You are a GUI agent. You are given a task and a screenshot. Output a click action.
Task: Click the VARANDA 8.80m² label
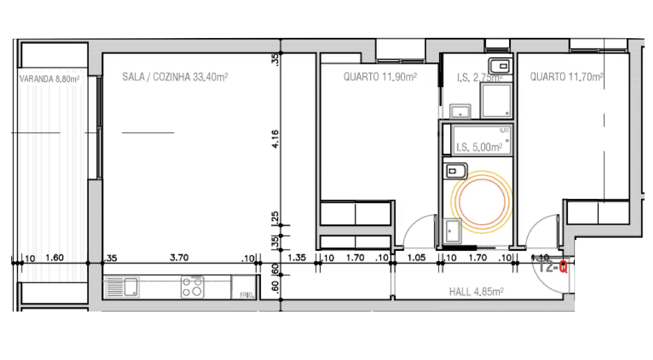coord(49,80)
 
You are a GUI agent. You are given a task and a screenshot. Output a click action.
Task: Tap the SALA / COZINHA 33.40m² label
coord(175,77)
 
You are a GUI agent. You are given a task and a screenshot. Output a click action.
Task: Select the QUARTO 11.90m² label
coord(380,77)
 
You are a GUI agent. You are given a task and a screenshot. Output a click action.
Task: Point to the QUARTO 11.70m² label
coord(567,77)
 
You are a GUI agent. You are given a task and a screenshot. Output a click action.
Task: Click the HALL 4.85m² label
coord(476,292)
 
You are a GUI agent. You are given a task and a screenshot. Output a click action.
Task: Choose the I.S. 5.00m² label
coord(479,147)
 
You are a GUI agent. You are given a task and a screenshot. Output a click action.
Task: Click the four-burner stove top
coord(193,287)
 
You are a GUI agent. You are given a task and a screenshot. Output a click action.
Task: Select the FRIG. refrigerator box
coord(244,287)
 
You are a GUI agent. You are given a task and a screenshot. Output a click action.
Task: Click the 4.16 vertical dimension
coord(275,139)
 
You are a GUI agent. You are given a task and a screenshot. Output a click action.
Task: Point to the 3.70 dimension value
coord(179,258)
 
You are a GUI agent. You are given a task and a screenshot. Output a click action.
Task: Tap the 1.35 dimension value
coord(297,258)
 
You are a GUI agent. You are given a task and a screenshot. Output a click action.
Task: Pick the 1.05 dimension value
coord(416,258)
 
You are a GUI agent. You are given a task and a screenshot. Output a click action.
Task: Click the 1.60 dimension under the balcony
coord(54,258)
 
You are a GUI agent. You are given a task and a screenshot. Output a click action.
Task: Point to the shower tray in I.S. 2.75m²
coord(496,101)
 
